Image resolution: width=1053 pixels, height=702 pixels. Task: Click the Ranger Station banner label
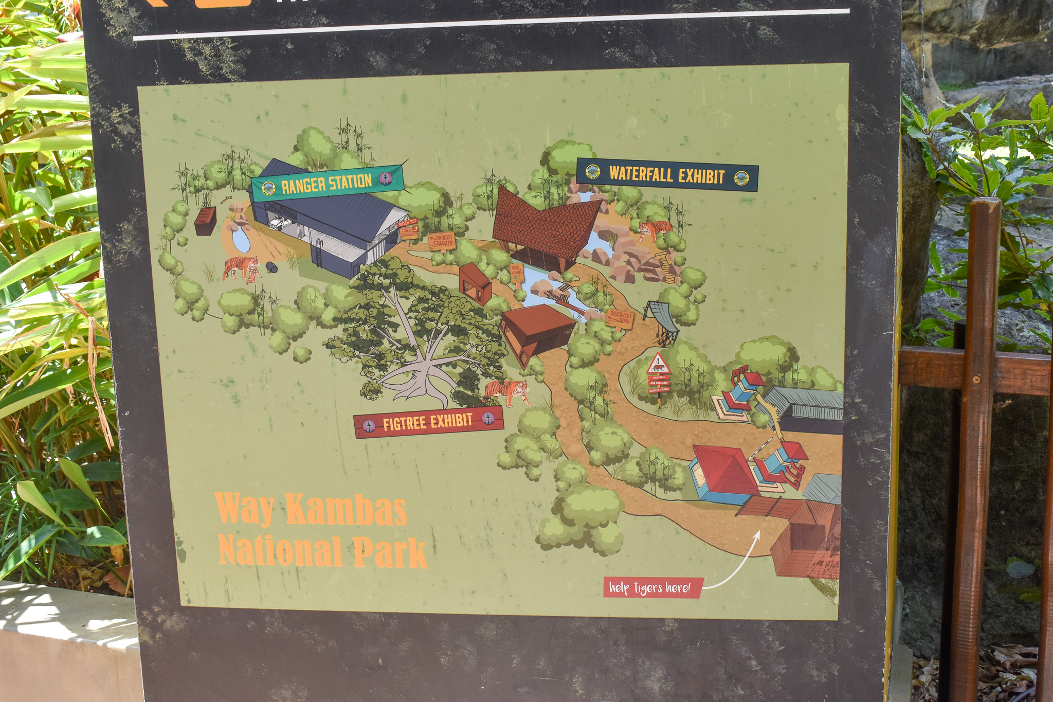pyautogui.click(x=327, y=184)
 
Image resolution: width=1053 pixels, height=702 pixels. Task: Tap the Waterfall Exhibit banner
pyautogui.click(x=667, y=175)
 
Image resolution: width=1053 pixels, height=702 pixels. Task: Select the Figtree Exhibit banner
pyautogui.click(x=428, y=422)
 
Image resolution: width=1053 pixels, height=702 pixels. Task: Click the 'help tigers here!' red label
pyautogui.click(x=652, y=587)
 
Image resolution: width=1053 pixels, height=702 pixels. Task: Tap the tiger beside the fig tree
pyautogui.click(x=507, y=392)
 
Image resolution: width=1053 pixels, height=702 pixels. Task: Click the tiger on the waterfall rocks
pyautogui.click(x=654, y=230)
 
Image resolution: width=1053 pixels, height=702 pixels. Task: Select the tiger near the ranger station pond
pyautogui.click(x=241, y=268)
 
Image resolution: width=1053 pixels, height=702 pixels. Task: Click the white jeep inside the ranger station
pyautogui.click(x=280, y=224)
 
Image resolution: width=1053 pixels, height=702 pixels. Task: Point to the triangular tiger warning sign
pyautogui.click(x=658, y=364)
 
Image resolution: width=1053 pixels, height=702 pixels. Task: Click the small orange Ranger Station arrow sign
pyautogui.click(x=442, y=241)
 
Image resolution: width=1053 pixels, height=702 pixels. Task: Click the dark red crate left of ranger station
pyautogui.click(x=205, y=221)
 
